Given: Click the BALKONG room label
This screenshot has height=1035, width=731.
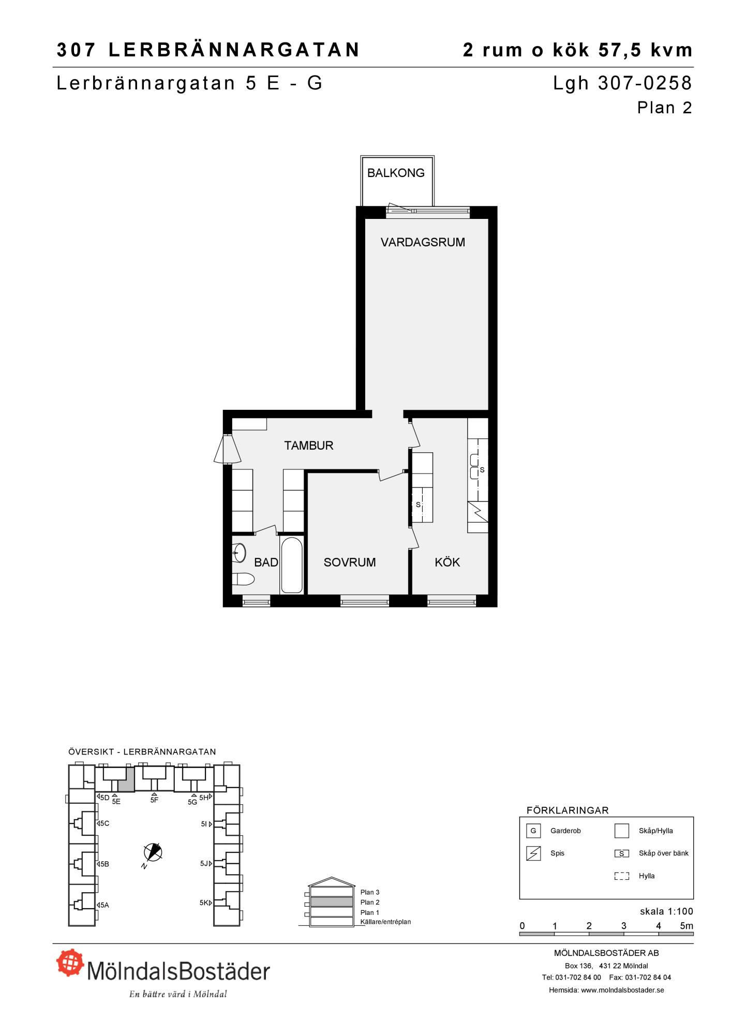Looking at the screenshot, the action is pos(396,173).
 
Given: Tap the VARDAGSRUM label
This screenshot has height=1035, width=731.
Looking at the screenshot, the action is pos(423,242).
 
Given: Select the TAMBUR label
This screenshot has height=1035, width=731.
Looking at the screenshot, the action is pos(309,446).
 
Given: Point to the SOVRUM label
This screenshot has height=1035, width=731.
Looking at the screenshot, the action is pos(350,563).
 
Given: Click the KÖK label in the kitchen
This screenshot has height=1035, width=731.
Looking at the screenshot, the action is pos(447,563).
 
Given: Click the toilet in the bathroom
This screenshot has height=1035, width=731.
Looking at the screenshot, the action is pos(243,579).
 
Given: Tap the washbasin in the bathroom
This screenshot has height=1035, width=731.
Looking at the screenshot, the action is pos(238,553).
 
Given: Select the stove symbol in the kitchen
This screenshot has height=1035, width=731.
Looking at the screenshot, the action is pos(478,512).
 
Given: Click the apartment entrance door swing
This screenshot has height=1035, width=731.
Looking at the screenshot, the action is pos(227,449).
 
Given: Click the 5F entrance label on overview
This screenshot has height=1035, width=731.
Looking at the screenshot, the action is pos(154,800).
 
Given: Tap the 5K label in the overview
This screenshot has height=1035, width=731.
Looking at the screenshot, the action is pos(204,903).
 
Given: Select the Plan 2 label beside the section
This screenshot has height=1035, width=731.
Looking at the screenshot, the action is pos(370,903).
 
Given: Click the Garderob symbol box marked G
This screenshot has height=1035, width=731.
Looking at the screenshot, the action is pos(533,831).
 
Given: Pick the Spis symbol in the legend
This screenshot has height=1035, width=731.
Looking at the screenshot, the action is pos(533,853).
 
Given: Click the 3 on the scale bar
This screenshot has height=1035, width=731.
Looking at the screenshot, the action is pos(624,926).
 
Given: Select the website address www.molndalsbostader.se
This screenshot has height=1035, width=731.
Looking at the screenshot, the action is pos(622,990).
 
